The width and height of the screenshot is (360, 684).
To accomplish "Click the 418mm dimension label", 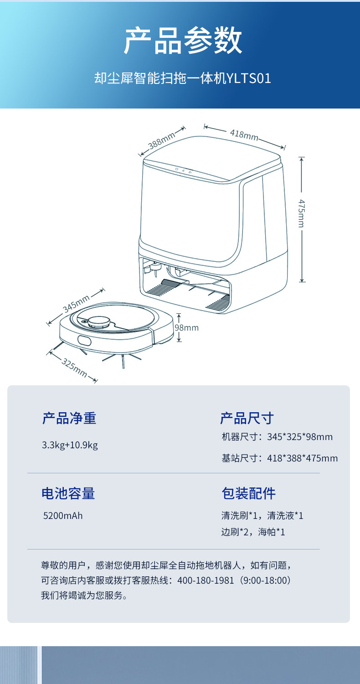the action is click(x=244, y=135).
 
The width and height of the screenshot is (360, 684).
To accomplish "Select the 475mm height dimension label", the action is click(x=301, y=213).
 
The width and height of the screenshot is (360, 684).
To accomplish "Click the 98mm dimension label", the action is click(x=186, y=327).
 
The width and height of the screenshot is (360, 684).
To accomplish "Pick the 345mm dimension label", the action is click(x=76, y=304).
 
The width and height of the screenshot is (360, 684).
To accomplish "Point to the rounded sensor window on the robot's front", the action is click(x=84, y=341).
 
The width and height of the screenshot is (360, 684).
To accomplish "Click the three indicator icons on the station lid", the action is click(x=184, y=171).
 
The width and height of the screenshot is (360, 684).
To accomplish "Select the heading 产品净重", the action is click(x=69, y=418).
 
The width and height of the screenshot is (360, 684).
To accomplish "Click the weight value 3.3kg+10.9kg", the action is click(x=70, y=445).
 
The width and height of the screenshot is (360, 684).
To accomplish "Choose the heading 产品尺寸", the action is click(x=247, y=418).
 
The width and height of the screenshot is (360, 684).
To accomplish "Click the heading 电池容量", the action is click(x=68, y=493).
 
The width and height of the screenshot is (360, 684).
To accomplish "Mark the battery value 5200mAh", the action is click(x=63, y=516).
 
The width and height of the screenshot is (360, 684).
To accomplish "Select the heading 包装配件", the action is click(x=248, y=493).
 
